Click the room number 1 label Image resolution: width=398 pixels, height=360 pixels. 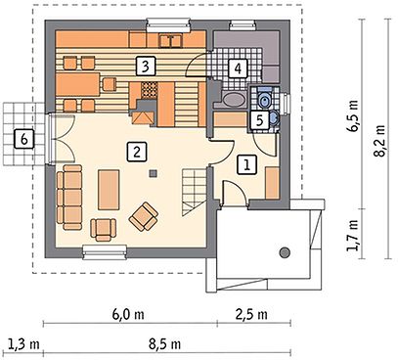(x=246, y=165)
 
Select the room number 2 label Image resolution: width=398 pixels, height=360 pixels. (x=137, y=152)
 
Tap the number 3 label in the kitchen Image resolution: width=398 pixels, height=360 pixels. (x=146, y=67)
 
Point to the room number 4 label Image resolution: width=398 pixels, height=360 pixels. (x=238, y=68)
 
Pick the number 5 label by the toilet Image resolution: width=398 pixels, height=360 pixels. (x=259, y=120)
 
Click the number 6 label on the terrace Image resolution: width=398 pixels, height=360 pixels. (x=23, y=139)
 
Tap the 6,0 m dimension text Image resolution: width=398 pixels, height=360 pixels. (x=128, y=315)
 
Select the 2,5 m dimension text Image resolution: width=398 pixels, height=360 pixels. (x=251, y=315)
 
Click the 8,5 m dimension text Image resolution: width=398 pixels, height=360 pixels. (x=164, y=344)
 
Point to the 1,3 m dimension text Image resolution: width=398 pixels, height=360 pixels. (x=23, y=344)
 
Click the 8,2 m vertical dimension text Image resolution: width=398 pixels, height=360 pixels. (x=379, y=141)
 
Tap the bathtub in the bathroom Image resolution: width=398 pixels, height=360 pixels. (x=234, y=99)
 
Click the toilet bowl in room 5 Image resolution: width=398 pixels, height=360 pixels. (x=264, y=99)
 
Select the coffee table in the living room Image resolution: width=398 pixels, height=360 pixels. (x=109, y=190)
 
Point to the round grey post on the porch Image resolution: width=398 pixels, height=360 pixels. (x=285, y=252)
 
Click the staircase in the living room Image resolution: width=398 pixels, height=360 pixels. (x=195, y=193)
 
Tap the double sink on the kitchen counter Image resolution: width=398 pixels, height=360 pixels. (x=171, y=41)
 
